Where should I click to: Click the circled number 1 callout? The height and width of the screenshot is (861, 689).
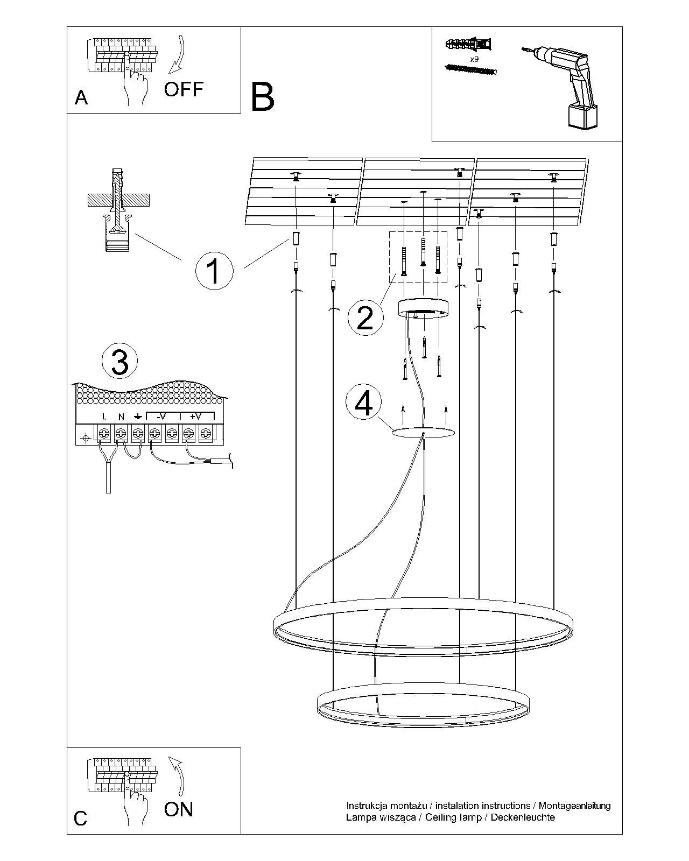click(x=214, y=270)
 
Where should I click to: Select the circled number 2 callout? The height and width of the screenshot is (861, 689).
click(x=365, y=317)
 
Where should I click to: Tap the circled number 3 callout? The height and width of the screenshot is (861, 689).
click(x=119, y=361)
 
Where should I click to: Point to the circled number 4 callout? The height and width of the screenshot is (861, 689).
click(x=364, y=403)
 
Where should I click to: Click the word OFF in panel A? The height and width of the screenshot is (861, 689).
click(x=184, y=89)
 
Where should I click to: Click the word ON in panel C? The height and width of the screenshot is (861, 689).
click(x=179, y=809)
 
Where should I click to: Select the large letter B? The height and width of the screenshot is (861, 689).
click(x=263, y=97)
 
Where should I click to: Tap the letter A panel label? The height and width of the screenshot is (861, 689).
click(x=81, y=97)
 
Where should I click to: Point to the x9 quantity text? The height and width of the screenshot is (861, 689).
click(x=474, y=59)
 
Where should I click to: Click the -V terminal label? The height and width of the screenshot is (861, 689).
click(x=161, y=416)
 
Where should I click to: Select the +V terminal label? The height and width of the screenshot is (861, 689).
click(x=195, y=416)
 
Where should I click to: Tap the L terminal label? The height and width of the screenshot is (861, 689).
click(x=104, y=417)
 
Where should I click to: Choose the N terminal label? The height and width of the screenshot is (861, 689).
click(x=121, y=417)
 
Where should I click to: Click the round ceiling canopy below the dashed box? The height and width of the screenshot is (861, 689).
click(x=424, y=308)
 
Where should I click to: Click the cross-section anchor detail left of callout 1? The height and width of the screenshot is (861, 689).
click(x=117, y=210)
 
